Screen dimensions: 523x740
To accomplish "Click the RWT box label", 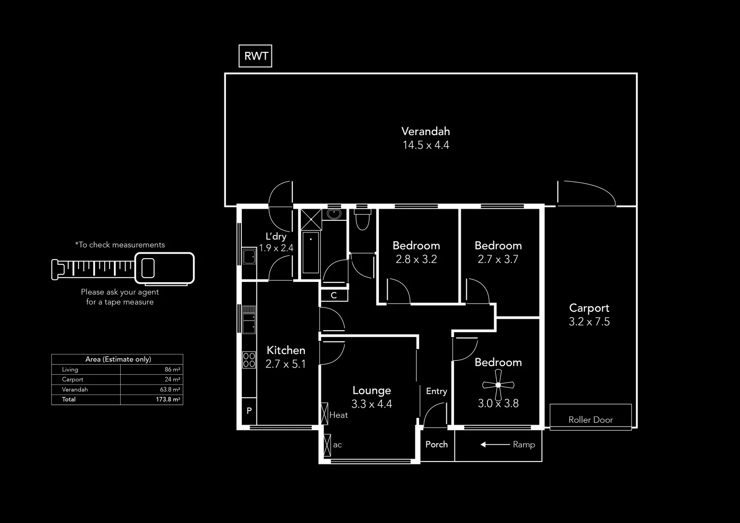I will point(255,56).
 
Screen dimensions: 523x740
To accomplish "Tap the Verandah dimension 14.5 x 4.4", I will point(425,145).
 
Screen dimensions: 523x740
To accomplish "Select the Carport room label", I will point(589,308).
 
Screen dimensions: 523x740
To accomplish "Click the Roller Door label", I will point(590,420).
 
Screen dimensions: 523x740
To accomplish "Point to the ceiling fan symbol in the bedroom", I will point(498,385).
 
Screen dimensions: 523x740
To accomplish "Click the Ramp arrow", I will point(495,445).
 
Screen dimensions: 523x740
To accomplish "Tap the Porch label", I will point(436,445).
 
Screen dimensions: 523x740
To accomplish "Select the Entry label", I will point(436,391).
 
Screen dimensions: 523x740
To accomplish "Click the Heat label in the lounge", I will point(338,415).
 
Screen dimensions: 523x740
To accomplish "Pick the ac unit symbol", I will point(327,445).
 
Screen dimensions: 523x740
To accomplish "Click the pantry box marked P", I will point(249,411).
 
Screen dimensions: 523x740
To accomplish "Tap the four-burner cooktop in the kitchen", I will point(249,360).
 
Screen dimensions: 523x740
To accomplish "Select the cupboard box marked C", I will point(334,295).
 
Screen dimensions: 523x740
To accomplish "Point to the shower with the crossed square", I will point(311,219).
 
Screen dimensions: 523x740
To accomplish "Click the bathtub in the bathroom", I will point(311,253).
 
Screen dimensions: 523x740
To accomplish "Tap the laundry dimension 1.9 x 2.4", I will point(276,248).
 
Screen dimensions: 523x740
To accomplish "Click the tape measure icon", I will point(123,268).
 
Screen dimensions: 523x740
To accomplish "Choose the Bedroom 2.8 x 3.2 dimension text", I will point(416,260).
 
